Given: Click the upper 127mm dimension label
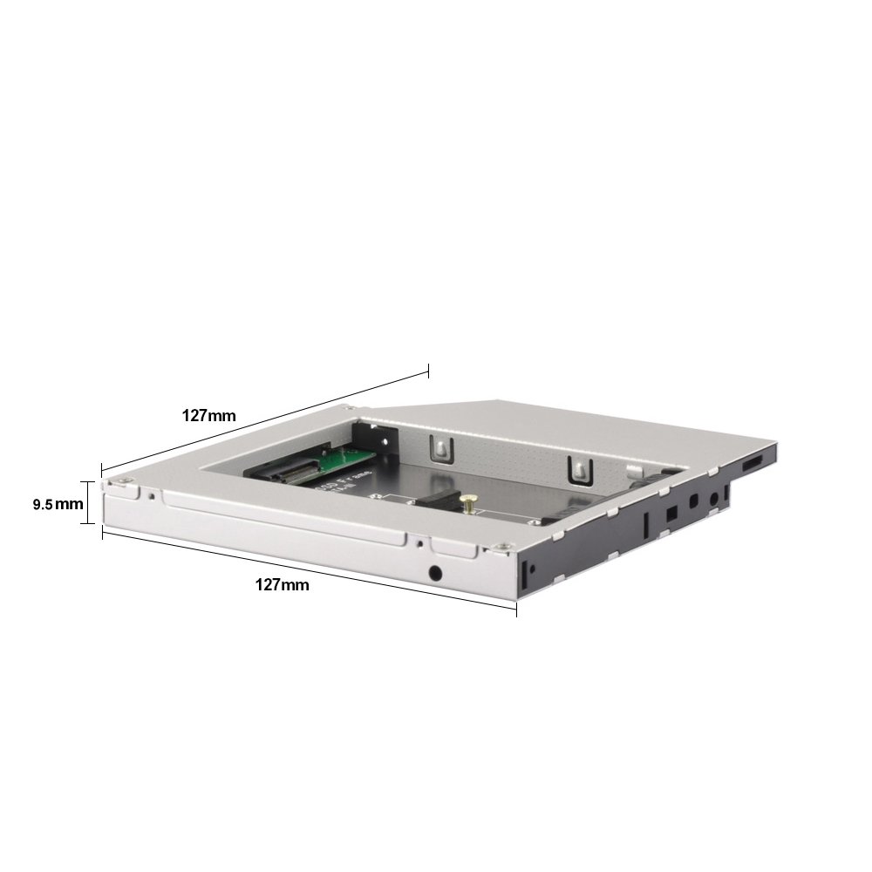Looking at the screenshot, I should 208,415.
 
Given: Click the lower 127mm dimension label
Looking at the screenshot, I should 282,585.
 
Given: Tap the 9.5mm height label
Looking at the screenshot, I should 58,504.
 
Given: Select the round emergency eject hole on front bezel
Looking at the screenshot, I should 434,574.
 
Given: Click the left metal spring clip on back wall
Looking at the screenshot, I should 441,447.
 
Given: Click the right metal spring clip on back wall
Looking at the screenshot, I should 577,469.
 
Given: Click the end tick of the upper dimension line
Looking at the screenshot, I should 428,370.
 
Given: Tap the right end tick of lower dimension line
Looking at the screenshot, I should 516,609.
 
